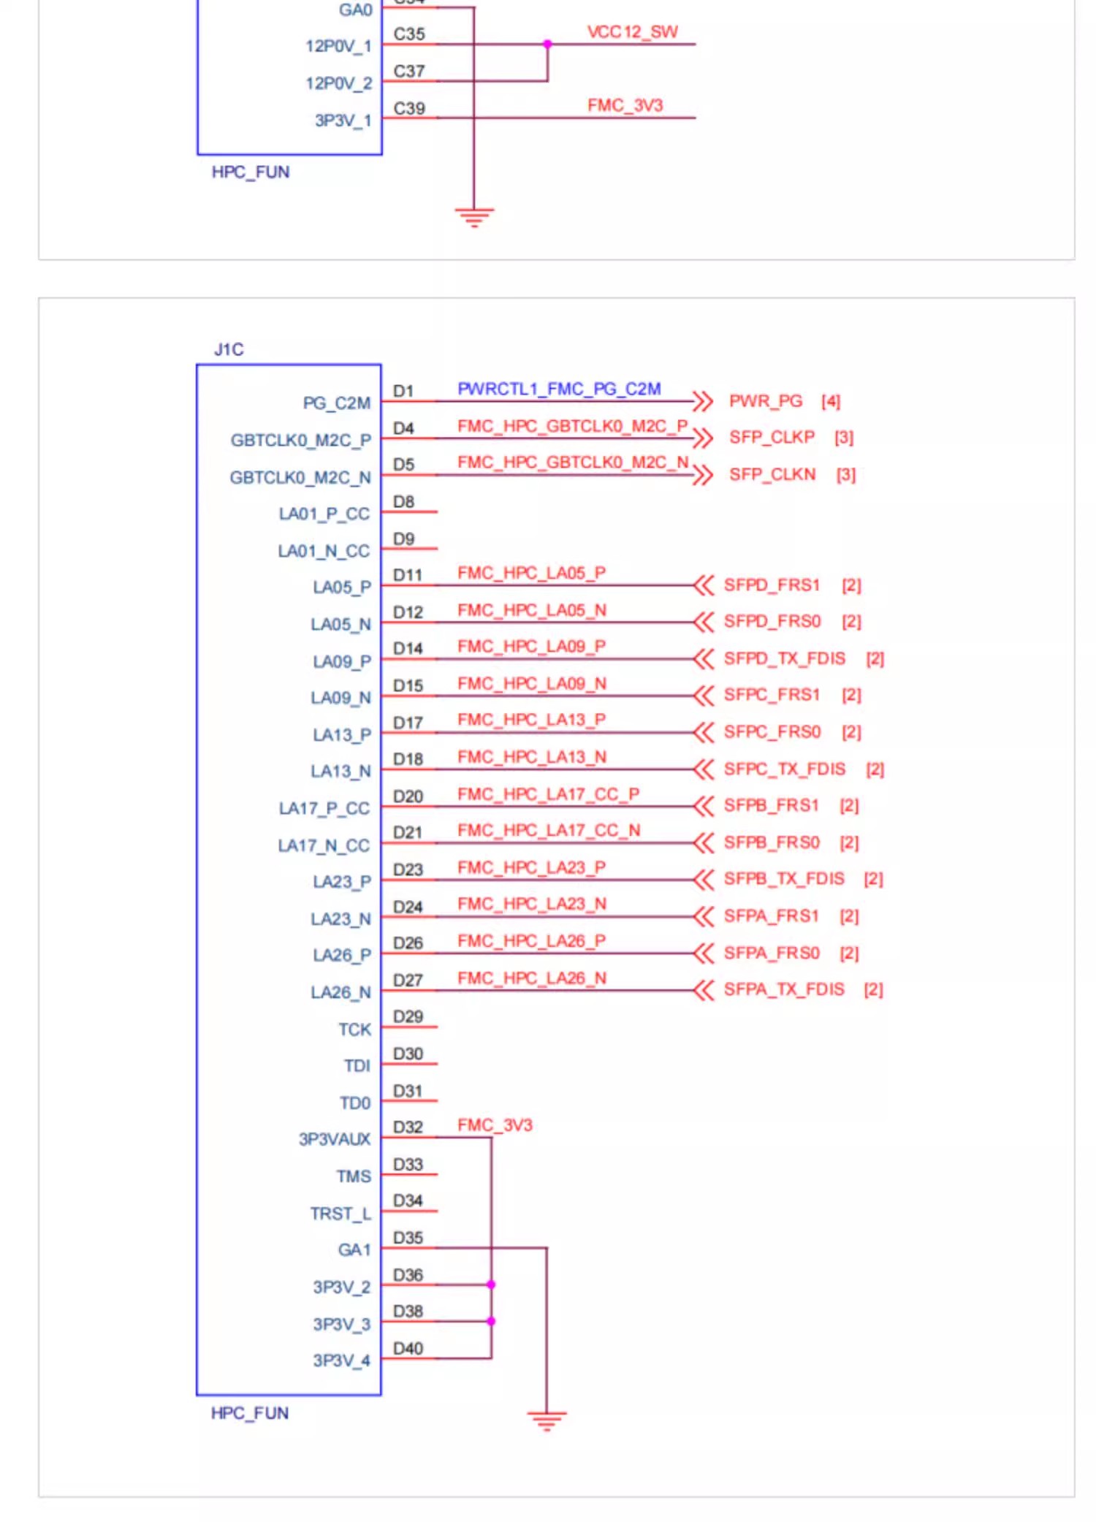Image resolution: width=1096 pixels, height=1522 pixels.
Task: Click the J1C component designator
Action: pyautogui.click(x=229, y=349)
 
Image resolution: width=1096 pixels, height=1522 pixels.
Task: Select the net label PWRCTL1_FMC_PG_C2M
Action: pyautogui.click(x=559, y=389)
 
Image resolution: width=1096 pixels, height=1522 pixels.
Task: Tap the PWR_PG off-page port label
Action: pyautogui.click(x=766, y=401)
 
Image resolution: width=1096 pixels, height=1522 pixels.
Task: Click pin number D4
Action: pyautogui.click(x=403, y=427)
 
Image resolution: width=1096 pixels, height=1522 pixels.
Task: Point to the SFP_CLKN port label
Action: pyautogui.click(x=772, y=474)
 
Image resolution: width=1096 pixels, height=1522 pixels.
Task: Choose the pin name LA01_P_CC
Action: pyautogui.click(x=324, y=514)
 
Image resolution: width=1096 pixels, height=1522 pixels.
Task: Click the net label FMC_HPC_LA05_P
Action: pyautogui.click(x=531, y=573)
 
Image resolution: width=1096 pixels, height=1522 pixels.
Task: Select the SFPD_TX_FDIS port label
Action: pyautogui.click(x=784, y=658)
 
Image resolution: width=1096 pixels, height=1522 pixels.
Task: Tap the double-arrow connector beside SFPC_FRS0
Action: pyautogui.click(x=703, y=731)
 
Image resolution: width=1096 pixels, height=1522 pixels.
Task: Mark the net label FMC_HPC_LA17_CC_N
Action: pyautogui.click(x=549, y=830)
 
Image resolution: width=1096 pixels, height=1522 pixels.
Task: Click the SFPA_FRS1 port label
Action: pyautogui.click(x=771, y=916)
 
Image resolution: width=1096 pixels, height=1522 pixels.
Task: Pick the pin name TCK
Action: pyautogui.click(x=354, y=1030)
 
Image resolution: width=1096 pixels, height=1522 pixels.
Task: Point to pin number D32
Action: pyautogui.click(x=408, y=1127)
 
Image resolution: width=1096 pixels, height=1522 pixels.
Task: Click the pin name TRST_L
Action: pyautogui.click(x=340, y=1214)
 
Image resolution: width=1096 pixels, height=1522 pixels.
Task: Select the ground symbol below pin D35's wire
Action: pyautogui.click(x=547, y=1420)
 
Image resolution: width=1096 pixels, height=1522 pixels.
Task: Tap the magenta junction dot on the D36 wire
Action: pyautogui.click(x=491, y=1285)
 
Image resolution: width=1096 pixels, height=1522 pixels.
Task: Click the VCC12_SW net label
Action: pyautogui.click(x=633, y=32)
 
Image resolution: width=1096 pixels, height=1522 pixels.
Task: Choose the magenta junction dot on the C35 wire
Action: pyautogui.click(x=547, y=45)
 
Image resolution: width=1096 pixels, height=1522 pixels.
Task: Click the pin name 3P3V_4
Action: pyautogui.click(x=341, y=1361)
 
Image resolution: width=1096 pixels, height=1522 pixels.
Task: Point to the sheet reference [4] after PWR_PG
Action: pyautogui.click(x=831, y=401)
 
